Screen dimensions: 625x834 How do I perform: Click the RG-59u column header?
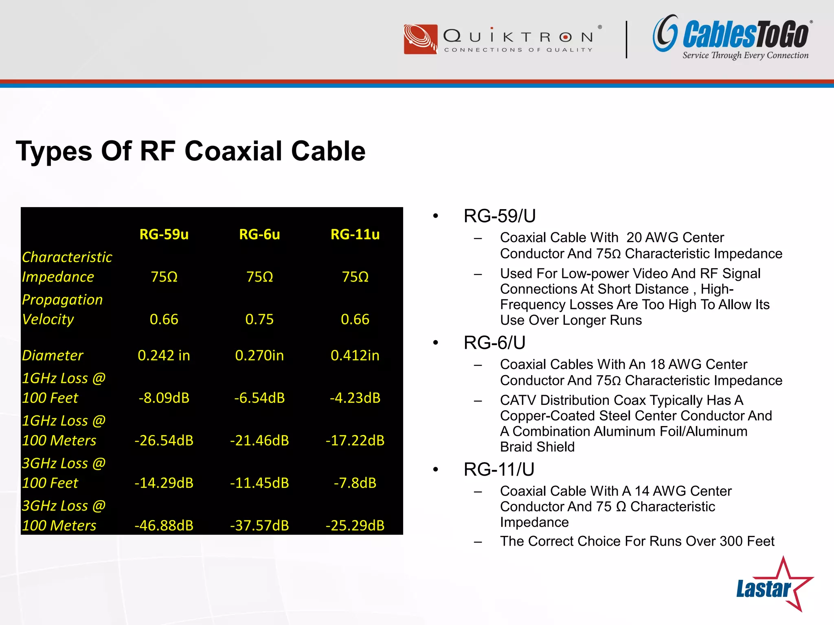point(164,234)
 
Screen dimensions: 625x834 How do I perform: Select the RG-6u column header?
point(259,234)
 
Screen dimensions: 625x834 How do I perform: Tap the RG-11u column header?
point(355,234)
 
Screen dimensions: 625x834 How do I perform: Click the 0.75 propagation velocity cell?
point(259,319)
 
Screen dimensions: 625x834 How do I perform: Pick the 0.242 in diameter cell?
point(164,356)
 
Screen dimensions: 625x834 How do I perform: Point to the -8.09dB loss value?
point(164,398)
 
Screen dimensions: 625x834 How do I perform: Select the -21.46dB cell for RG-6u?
point(259,440)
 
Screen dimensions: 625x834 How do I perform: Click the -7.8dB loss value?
point(355,483)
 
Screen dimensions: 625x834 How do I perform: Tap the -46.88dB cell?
point(164,525)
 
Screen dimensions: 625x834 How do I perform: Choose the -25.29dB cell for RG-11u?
point(355,525)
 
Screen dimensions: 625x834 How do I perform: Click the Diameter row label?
point(53,356)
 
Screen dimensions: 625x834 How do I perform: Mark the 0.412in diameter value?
point(355,356)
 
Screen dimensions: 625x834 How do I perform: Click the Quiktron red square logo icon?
point(420,39)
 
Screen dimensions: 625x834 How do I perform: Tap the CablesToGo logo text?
point(745,35)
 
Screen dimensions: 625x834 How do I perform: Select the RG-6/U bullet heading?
point(494,343)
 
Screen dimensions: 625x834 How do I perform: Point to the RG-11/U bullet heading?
point(499,470)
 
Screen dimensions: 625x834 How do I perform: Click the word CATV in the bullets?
point(518,400)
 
